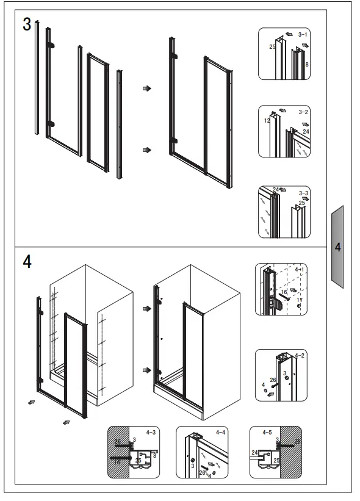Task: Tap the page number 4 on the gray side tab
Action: [337, 248]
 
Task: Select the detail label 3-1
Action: [303, 35]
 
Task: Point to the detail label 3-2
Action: [303, 112]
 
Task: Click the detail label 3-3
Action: [303, 193]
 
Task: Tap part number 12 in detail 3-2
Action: [267, 121]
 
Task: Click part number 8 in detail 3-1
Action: [307, 63]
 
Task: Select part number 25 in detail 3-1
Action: [272, 46]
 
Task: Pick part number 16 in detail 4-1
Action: [284, 293]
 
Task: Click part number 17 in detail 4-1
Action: [299, 300]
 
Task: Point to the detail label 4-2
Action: [300, 355]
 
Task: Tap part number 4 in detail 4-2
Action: [263, 384]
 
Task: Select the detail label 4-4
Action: [220, 433]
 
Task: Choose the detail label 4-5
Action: [267, 433]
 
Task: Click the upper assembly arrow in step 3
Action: [146, 88]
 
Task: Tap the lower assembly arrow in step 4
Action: [146, 370]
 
